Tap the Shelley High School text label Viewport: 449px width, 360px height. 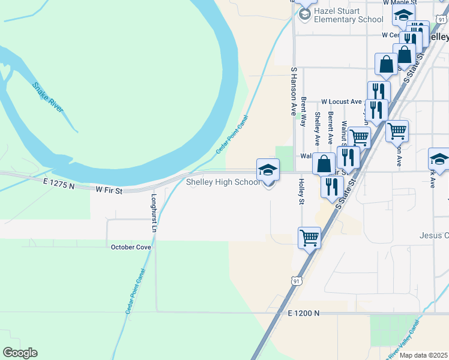223,182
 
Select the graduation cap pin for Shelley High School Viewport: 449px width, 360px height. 268,170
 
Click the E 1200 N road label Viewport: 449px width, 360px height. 304,313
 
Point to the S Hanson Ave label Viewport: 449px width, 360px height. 294,91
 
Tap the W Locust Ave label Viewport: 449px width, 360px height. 341,102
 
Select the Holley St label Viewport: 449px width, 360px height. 301,191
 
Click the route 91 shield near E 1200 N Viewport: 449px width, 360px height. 295,280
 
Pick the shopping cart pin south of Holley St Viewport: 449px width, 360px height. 309,237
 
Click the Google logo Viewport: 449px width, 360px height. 19,353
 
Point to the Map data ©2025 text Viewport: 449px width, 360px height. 424,355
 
